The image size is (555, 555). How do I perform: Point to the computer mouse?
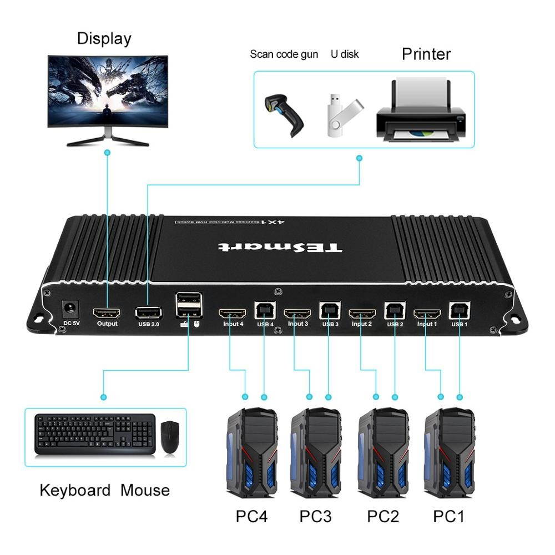170,436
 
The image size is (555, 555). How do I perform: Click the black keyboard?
95,435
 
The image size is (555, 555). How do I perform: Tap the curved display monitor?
108,94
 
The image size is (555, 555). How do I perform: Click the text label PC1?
448,516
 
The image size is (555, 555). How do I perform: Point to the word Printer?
426,54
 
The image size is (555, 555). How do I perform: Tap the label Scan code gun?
284,54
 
